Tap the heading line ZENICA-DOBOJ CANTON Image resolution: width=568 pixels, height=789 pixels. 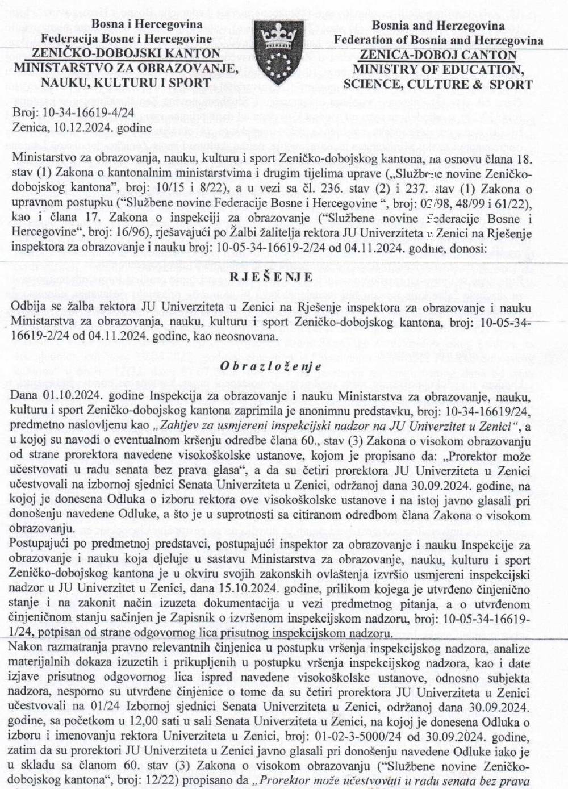tap(438, 55)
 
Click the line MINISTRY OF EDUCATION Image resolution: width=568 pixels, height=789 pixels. tap(438, 69)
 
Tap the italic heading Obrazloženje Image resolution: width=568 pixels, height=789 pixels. tap(272, 366)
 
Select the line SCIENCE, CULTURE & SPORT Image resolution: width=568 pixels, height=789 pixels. tap(438, 85)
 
